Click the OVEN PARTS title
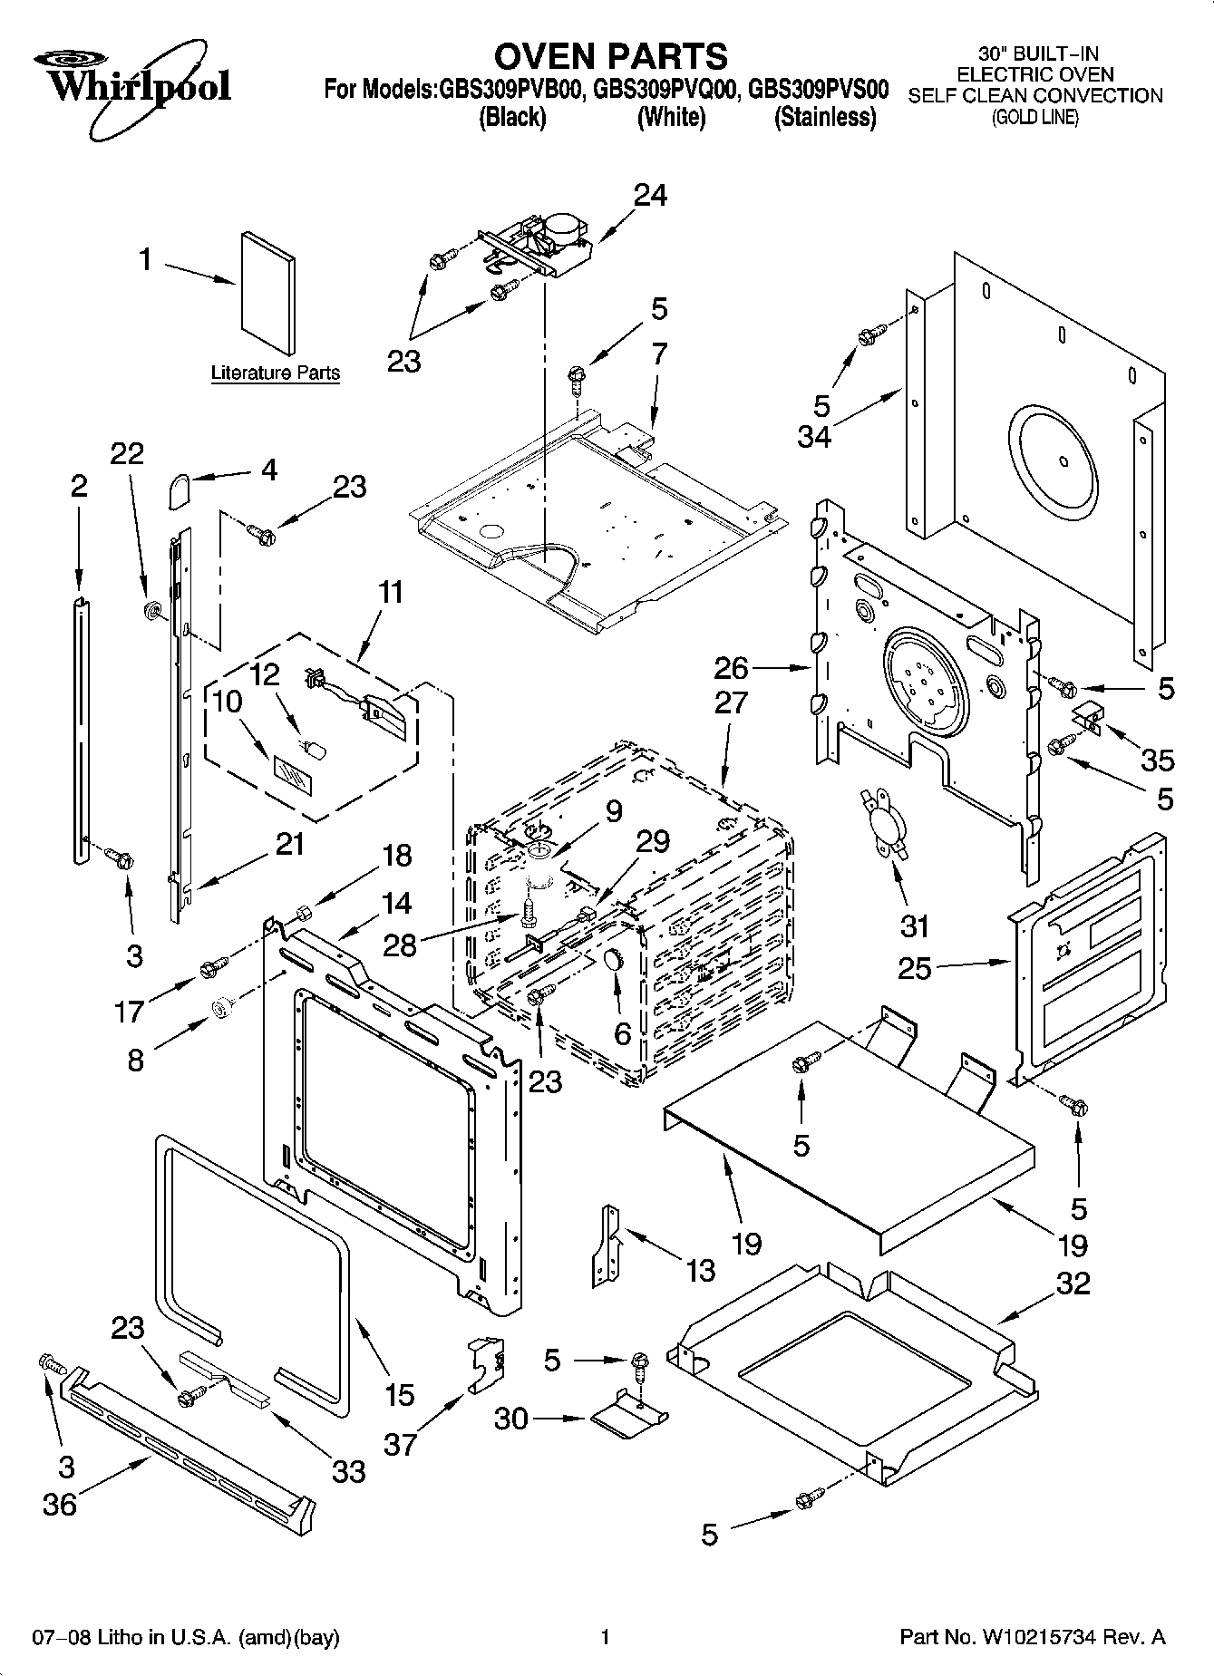pyautogui.click(x=610, y=56)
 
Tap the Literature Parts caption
pyautogui.click(x=275, y=373)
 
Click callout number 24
pyautogui.click(x=650, y=195)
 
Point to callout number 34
pyautogui.click(x=814, y=437)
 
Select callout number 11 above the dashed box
pyautogui.click(x=390, y=593)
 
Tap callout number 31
pyautogui.click(x=916, y=925)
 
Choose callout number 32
pyautogui.click(x=1073, y=1284)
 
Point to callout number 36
pyautogui.click(x=61, y=1504)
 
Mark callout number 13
pyautogui.click(x=701, y=1270)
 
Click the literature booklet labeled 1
pyautogui.click(x=268, y=293)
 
